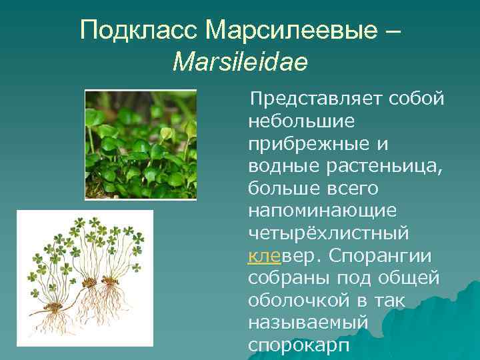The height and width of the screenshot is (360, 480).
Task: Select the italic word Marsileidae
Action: click(x=240, y=63)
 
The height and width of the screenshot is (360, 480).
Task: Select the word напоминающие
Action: click(x=322, y=211)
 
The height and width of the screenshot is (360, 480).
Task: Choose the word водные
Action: click(x=281, y=166)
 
